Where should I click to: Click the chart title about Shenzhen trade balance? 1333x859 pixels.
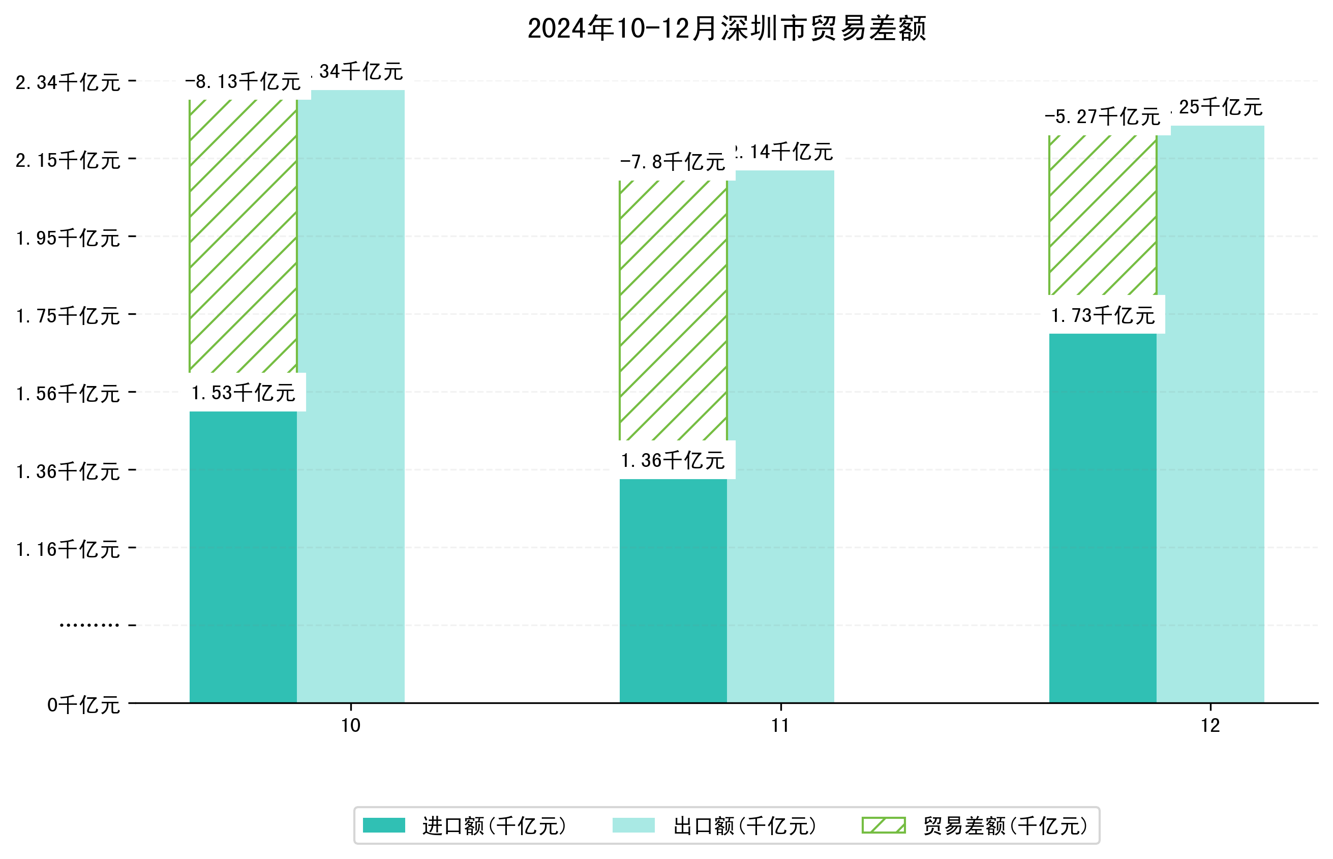[x=726, y=29]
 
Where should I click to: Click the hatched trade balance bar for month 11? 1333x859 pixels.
[x=673, y=310]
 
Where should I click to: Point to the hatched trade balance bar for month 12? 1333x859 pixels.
[x=1102, y=215]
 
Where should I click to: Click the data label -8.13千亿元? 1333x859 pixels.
[x=243, y=82]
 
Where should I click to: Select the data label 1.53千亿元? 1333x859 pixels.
[x=243, y=393]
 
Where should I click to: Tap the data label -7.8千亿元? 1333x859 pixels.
[x=673, y=162]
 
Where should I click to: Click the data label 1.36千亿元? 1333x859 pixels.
[x=673, y=461]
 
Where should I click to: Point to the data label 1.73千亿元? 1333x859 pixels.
[x=1102, y=316]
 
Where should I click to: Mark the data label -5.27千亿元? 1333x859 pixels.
[x=1102, y=117]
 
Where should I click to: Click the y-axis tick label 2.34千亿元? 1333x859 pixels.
[x=68, y=82]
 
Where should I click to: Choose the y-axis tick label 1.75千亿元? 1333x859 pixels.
[x=68, y=316]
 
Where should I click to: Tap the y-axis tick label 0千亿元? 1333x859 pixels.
[x=83, y=705]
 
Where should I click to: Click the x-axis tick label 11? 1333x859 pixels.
[x=780, y=726]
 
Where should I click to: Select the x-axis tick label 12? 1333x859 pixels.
[x=1210, y=726]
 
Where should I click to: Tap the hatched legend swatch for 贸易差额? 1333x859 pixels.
[x=883, y=825]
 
